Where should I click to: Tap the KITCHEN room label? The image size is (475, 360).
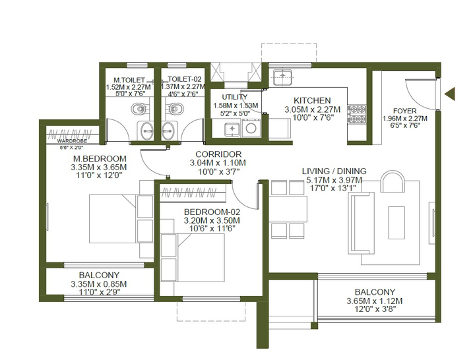tap(312, 100)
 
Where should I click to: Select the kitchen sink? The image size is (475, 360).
tap(282, 77)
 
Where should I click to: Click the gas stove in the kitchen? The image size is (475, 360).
tap(357, 115)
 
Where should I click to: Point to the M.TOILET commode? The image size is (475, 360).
tap(140, 109)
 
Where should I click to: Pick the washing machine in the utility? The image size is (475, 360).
tap(251, 127)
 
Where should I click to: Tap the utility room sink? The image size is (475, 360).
tap(232, 129)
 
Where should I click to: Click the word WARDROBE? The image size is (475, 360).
tap(72, 141)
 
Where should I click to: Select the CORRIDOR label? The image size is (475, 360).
tap(218, 154)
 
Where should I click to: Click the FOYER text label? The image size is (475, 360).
tap(404, 111)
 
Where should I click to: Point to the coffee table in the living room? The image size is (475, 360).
tap(396, 222)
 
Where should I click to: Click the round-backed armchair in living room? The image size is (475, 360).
tap(393, 181)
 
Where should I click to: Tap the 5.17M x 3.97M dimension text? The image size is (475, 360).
tap(334, 181)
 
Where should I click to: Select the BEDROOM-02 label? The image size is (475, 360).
tap(212, 212)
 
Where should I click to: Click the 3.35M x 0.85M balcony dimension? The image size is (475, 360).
tap(99, 284)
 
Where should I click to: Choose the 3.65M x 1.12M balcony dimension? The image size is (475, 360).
tap(375, 301)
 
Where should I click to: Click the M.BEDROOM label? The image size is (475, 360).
tap(100, 159)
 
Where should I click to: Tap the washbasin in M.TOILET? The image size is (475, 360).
tap(145, 131)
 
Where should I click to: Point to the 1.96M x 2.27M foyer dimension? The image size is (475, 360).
tap(404, 119)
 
